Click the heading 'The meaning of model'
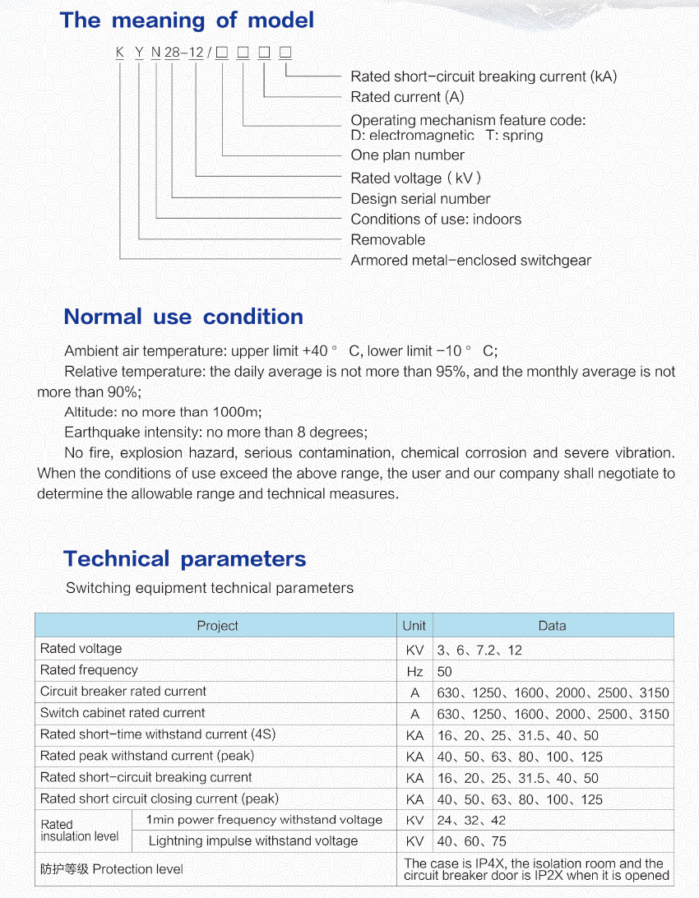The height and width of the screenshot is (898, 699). [x=187, y=20]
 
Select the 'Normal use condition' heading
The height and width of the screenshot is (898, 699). [x=183, y=317]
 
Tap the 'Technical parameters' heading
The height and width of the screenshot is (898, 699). [x=184, y=559]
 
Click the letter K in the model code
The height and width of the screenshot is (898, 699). [x=120, y=53]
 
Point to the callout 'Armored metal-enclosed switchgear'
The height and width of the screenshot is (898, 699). [x=470, y=261]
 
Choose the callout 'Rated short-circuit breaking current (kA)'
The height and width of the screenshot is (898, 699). [x=484, y=76]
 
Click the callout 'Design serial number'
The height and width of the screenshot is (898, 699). [x=420, y=199]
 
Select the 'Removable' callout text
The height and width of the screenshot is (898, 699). [x=388, y=240]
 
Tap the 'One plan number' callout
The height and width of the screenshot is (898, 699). [x=407, y=155]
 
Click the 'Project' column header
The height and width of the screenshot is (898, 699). [x=217, y=626]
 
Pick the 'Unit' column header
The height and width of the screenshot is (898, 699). [x=414, y=626]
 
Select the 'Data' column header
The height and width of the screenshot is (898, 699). [x=552, y=626]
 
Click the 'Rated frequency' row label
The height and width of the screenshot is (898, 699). [x=89, y=670]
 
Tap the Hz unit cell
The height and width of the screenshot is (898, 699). [x=415, y=671]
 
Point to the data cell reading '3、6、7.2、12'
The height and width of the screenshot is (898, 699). [x=479, y=650]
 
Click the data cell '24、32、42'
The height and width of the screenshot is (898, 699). [x=471, y=821]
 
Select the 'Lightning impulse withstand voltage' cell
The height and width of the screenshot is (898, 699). [x=253, y=841]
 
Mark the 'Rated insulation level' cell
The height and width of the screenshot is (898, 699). [x=80, y=831]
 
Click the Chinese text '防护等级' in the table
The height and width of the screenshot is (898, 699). [x=64, y=869]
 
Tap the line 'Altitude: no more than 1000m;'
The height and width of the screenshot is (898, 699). [x=163, y=412]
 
